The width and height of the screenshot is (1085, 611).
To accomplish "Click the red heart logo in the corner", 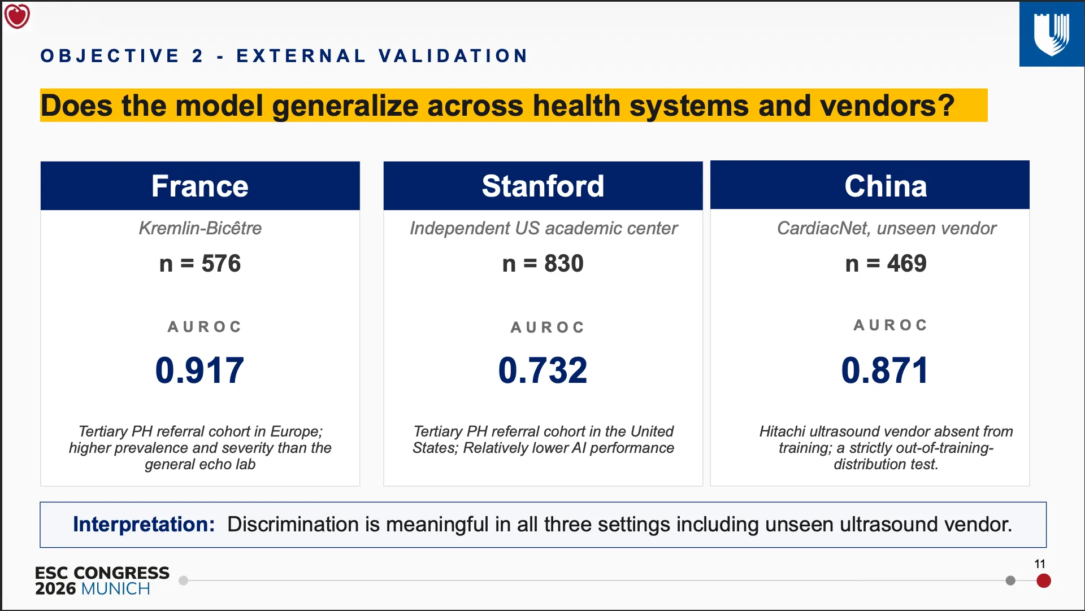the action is click(x=17, y=16).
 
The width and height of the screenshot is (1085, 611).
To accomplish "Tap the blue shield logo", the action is click(x=1052, y=34).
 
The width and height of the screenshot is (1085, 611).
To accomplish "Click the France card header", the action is click(x=200, y=186).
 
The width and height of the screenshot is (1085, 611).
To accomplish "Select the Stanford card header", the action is click(x=543, y=186).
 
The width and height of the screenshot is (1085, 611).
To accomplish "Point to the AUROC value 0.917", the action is click(x=199, y=370).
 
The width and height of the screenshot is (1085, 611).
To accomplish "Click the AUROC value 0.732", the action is click(x=542, y=370).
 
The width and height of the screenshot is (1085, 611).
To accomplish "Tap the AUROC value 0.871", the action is click(x=885, y=370).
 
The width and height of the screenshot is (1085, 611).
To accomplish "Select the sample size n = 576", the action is click(x=200, y=264).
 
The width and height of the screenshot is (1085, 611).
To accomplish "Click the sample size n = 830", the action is click(x=543, y=264).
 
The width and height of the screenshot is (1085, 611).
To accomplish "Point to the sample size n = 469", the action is click(x=886, y=264).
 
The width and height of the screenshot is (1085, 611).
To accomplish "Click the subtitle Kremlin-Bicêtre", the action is click(x=200, y=228).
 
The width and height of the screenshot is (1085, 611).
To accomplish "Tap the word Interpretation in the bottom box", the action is click(x=144, y=525).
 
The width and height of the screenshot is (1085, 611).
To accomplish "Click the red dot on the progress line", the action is click(x=1044, y=581).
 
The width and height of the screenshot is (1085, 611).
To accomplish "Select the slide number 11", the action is click(x=1040, y=564).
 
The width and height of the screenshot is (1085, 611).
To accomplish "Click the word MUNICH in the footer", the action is click(x=116, y=589).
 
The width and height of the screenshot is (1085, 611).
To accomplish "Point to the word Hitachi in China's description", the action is click(x=782, y=431).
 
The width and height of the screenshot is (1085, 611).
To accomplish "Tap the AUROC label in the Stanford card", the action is click(x=548, y=328).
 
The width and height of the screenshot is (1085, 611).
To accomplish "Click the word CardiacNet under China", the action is click(x=822, y=228).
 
